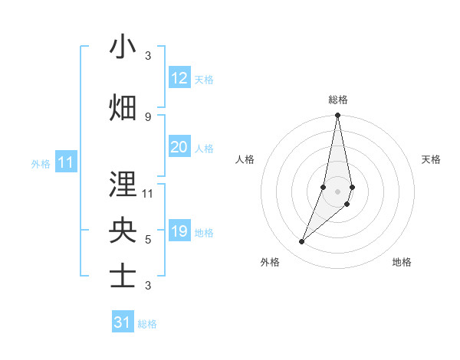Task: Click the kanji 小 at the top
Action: click(x=123, y=47)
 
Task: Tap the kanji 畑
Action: click(x=123, y=107)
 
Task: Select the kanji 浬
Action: click(x=123, y=185)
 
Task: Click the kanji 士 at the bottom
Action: click(x=123, y=277)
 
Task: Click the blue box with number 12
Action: click(x=179, y=78)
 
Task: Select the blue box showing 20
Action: click(x=179, y=147)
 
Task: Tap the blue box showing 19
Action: click(x=179, y=231)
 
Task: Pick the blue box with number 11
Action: click(x=65, y=162)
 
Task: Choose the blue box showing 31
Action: click(x=123, y=322)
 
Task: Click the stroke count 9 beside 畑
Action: click(x=147, y=116)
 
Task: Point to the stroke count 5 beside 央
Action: click(x=147, y=240)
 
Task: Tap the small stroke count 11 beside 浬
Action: click(x=148, y=194)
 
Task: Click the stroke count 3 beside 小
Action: click(x=147, y=56)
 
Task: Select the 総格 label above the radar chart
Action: click(x=337, y=100)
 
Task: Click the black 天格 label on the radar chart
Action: click(x=431, y=159)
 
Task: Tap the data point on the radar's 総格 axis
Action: click(x=337, y=116)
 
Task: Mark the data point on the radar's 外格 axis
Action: click(x=302, y=242)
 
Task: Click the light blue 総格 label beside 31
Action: click(x=147, y=324)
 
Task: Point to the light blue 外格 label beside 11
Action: click(x=41, y=163)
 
